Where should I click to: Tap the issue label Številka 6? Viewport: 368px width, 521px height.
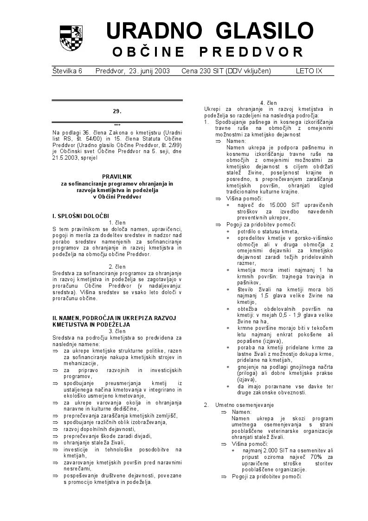click(67, 71)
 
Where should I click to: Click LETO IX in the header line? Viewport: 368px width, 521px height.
click(309, 71)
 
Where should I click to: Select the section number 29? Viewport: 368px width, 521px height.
click(117, 111)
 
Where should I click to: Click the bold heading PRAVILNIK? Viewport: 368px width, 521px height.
click(117, 176)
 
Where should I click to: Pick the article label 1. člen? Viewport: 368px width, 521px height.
click(117, 223)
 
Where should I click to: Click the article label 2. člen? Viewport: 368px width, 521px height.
click(117, 266)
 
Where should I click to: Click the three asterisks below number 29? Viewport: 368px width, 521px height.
click(117, 125)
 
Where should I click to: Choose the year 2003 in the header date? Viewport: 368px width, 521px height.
click(161, 71)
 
